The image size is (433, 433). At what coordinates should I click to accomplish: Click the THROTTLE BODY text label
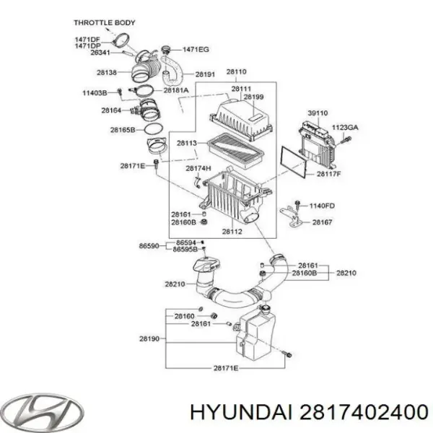105,22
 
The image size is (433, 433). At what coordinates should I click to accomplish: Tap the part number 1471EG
196,50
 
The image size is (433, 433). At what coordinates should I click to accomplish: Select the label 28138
107,73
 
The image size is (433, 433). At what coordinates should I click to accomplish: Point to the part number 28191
205,74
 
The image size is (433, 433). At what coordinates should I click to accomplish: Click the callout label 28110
237,71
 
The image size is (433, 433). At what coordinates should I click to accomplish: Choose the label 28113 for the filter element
187,143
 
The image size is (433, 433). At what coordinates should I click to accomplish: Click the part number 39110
318,113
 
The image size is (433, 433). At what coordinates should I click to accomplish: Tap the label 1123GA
345,128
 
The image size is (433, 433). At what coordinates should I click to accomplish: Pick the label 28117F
329,174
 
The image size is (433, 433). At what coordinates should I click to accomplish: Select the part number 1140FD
322,206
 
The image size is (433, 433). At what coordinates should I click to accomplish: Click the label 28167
323,222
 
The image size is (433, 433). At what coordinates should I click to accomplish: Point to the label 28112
232,232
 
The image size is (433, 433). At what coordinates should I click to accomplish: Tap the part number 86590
149,246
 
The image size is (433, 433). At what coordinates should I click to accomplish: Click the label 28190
149,339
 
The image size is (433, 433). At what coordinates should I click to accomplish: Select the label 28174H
198,168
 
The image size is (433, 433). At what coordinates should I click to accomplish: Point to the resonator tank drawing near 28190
255,333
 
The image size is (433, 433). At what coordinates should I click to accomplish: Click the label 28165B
123,130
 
